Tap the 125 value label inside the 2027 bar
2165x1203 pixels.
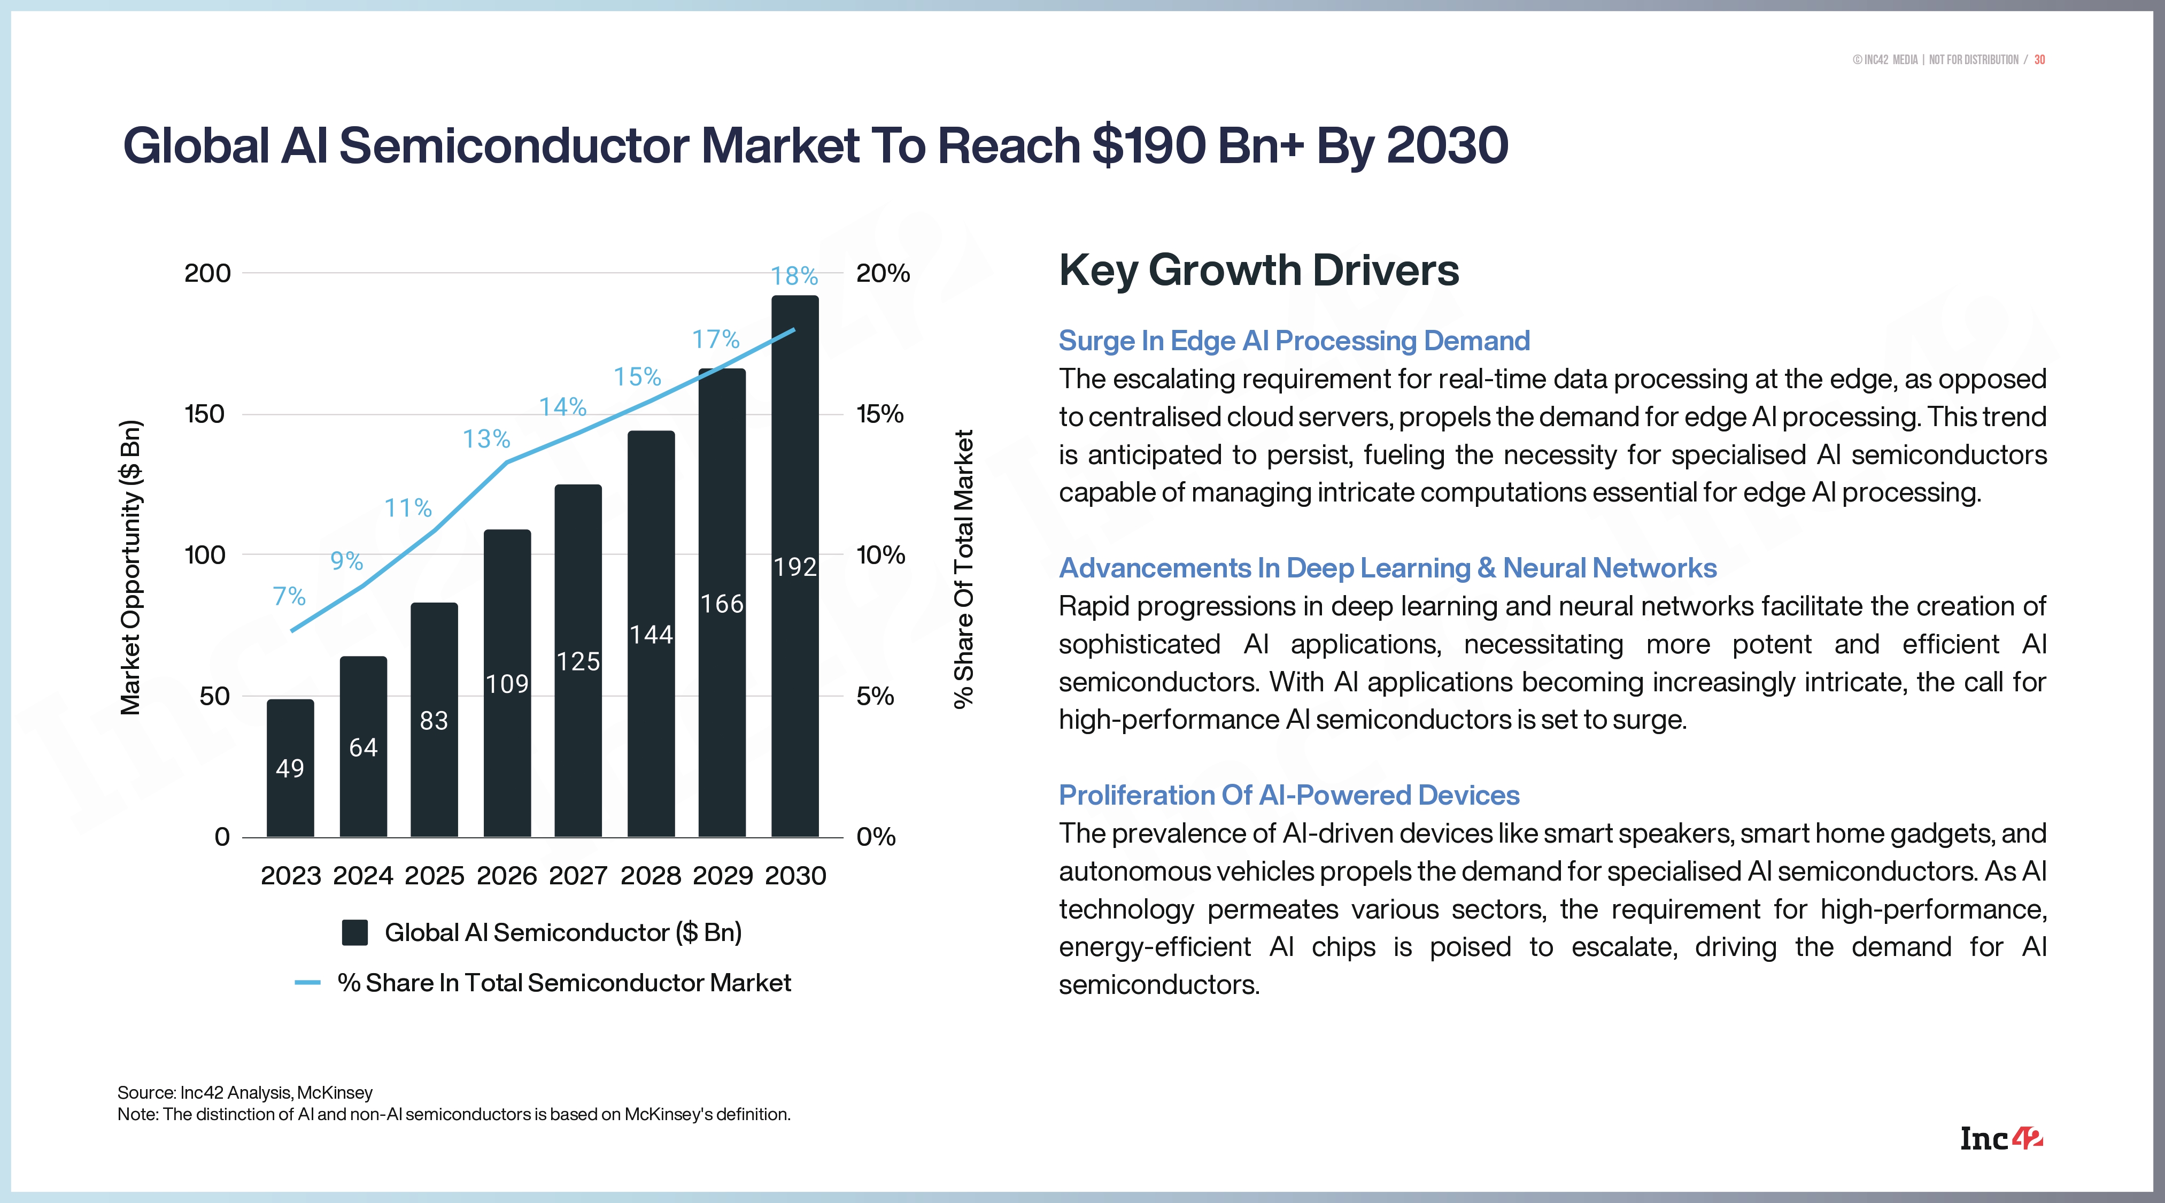(x=578, y=661)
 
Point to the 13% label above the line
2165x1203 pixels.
(x=486, y=439)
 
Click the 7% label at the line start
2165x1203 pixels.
(x=289, y=596)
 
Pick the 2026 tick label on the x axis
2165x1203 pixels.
(x=506, y=876)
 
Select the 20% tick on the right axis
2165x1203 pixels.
(x=883, y=273)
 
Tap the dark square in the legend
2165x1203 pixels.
(x=354, y=932)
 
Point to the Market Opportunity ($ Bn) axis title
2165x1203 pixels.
(x=131, y=567)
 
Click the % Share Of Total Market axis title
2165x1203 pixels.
(x=963, y=569)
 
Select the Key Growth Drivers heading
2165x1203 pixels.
(x=1258, y=271)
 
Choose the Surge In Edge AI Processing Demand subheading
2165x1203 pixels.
(x=1294, y=341)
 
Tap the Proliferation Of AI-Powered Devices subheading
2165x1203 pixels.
(x=1288, y=795)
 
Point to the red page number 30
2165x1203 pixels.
(x=2039, y=60)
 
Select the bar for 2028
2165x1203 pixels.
(x=651, y=634)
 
